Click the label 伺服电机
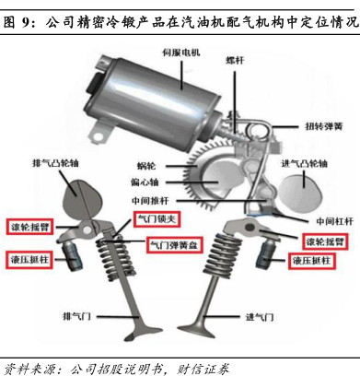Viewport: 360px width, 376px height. click(x=181, y=53)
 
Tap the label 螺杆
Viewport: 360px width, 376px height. click(x=235, y=60)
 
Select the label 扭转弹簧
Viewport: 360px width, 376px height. click(x=324, y=126)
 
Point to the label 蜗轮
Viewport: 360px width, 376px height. click(x=146, y=166)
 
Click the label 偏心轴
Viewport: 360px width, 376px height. click(x=145, y=182)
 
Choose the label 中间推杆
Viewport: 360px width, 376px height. click(x=150, y=201)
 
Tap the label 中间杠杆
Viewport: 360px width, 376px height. click(x=334, y=221)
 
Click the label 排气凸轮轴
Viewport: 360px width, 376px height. click(x=55, y=163)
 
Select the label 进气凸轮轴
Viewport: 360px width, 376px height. click(x=304, y=163)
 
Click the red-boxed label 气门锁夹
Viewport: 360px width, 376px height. click(x=157, y=219)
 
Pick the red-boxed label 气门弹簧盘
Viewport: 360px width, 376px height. click(x=174, y=245)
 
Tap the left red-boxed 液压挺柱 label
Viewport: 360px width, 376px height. click(x=29, y=260)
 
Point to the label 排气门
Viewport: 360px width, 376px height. click(x=76, y=316)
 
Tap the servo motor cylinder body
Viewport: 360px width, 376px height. click(x=154, y=92)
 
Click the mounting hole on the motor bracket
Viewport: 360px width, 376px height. click(x=99, y=135)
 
